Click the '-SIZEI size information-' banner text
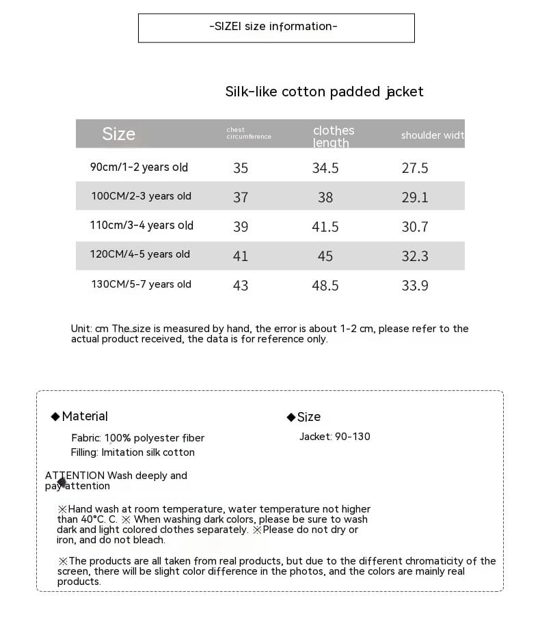pyautogui.click(x=273, y=27)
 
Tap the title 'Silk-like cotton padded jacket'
pyautogui.click(x=324, y=92)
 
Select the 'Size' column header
pyautogui.click(x=119, y=134)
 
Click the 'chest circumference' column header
pyautogui.click(x=249, y=133)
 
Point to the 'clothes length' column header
pyautogui.click(x=334, y=136)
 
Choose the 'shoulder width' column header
pyautogui.click(x=432, y=135)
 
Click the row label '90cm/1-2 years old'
pyautogui.click(x=139, y=167)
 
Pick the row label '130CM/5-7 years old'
pyautogui.click(x=141, y=284)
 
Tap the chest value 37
pyautogui.click(x=241, y=197)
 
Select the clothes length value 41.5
pyautogui.click(x=325, y=227)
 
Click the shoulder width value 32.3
pyautogui.click(x=415, y=256)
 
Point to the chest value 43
pyautogui.click(x=241, y=286)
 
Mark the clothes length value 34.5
pyautogui.click(x=325, y=168)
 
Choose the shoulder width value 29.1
pyautogui.click(x=415, y=197)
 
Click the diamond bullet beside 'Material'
pyautogui.click(x=55, y=417)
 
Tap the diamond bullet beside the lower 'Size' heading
pyautogui.click(x=291, y=418)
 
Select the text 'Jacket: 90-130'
pyautogui.click(x=335, y=437)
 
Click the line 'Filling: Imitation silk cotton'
pyautogui.click(x=133, y=452)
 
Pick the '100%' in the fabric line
pyautogui.click(x=118, y=438)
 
